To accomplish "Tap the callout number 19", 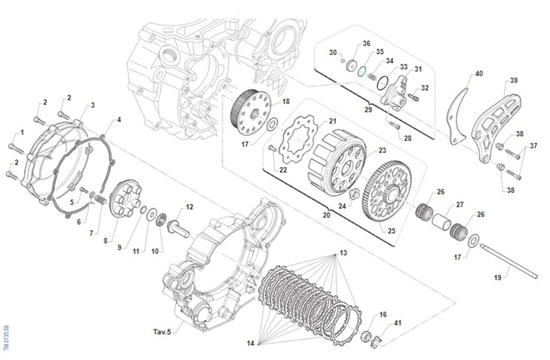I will click(x=498, y=277).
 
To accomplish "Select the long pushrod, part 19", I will click(x=509, y=261).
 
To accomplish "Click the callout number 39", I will click(x=513, y=81).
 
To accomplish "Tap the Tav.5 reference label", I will click(x=162, y=331).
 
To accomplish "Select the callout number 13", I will click(x=343, y=253).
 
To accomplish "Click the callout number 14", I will click(x=250, y=343).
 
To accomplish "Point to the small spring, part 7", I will click(x=101, y=200).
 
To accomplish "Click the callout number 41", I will click(x=397, y=323).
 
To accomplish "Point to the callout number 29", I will click(x=368, y=110).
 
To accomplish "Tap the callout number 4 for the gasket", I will click(x=119, y=120).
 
